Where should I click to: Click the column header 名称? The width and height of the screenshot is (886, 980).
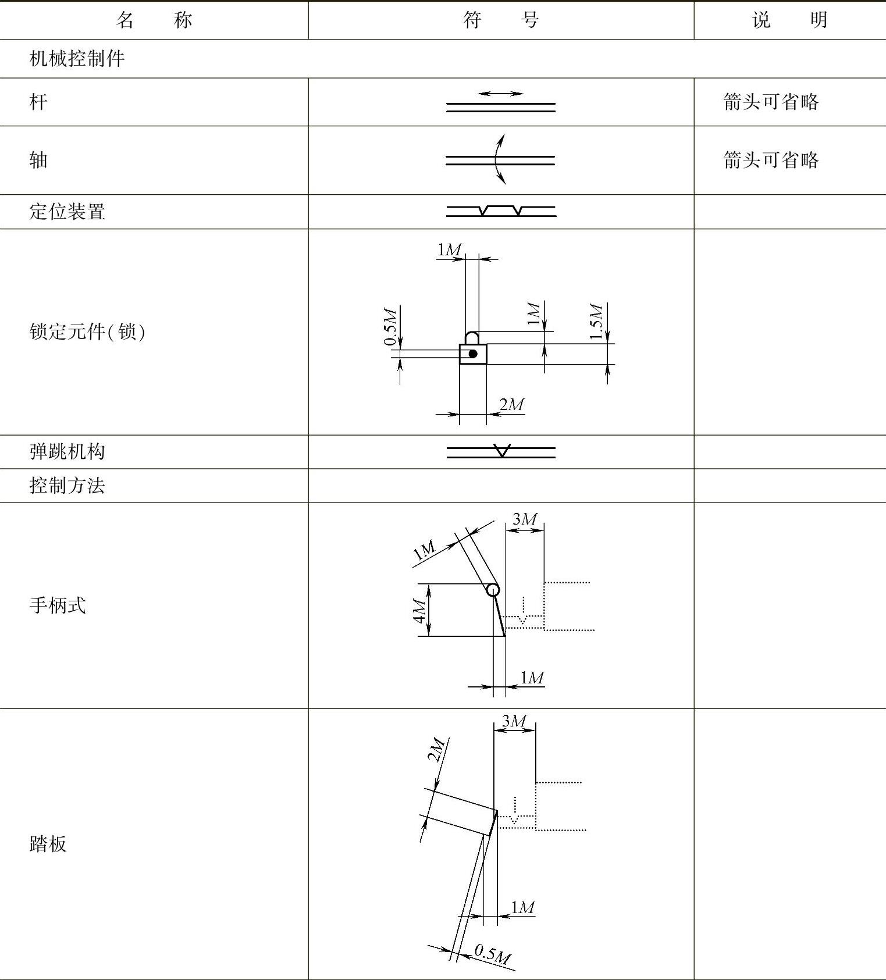coord(154,20)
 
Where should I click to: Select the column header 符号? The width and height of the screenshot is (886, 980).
coord(501,20)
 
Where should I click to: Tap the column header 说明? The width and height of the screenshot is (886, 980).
coord(789,20)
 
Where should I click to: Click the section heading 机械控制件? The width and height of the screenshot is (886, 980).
coord(77,59)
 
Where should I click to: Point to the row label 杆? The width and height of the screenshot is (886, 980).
coord(38,102)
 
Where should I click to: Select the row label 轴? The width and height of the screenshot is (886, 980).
coord(38,160)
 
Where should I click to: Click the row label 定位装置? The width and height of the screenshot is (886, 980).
coord(67,212)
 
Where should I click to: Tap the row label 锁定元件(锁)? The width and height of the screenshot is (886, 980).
coord(87,332)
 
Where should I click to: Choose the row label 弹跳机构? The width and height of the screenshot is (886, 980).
coord(67,452)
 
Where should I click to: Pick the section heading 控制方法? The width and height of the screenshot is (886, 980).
coord(67,486)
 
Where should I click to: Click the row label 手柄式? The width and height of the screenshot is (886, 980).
coord(58,605)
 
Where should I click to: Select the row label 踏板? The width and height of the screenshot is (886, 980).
coord(48,844)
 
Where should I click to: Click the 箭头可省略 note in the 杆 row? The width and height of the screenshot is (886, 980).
coord(771,102)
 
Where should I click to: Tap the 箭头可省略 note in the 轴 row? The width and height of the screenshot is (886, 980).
coord(771,160)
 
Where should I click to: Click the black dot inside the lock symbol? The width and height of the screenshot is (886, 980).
coord(473,354)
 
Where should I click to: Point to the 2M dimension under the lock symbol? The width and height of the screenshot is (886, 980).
coord(511,404)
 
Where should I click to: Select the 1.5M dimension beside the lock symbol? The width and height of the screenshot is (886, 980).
coord(596,322)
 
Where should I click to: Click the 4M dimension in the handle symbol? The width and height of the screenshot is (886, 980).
coord(419,610)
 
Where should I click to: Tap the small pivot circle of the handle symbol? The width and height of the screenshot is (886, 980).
coord(493,590)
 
